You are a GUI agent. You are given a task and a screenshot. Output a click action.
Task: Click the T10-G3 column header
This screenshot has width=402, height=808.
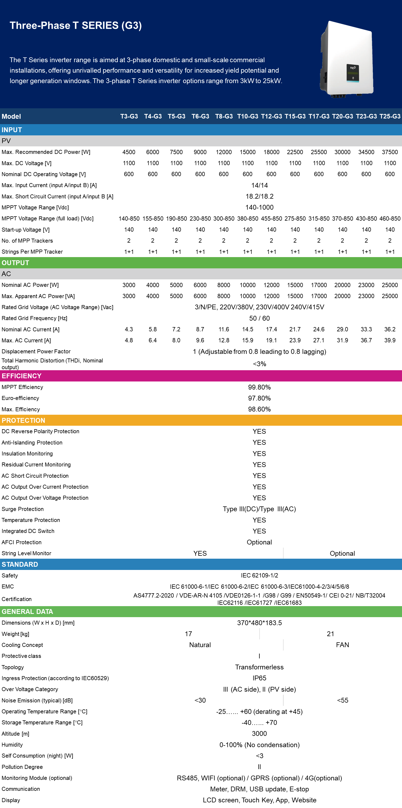[x=247, y=116]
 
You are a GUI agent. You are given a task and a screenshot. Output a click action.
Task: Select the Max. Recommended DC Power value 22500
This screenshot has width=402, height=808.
[x=295, y=152]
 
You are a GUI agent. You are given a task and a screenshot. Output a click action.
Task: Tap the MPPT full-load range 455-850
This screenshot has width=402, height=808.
[x=271, y=219]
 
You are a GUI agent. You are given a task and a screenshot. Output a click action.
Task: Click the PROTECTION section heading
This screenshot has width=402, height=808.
[x=24, y=420]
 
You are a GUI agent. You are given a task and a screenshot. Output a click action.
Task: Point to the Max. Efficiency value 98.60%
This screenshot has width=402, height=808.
[x=259, y=409]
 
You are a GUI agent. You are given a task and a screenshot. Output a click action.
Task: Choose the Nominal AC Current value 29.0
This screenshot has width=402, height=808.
[x=343, y=329]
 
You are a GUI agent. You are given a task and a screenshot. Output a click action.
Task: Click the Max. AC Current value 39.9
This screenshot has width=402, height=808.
[x=390, y=340]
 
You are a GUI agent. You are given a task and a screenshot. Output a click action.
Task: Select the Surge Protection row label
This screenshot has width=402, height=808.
[x=23, y=509]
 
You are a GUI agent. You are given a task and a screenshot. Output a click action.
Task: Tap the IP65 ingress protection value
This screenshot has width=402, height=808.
[x=259, y=678]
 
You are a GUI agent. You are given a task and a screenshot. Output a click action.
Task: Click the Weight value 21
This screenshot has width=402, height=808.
[x=330, y=634]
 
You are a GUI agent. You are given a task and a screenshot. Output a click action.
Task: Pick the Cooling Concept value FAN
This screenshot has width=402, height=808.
[x=343, y=645]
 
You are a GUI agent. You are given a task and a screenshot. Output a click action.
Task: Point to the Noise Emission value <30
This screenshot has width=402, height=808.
[x=200, y=700]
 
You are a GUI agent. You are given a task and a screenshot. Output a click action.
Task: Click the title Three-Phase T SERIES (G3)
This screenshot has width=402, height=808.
[x=76, y=25]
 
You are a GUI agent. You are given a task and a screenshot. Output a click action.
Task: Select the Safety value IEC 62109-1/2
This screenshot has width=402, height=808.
[x=259, y=576]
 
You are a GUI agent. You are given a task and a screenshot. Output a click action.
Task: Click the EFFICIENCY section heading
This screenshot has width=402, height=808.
[x=22, y=376]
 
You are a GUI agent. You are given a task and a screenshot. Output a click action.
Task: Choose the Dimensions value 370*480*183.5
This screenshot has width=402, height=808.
[x=259, y=623]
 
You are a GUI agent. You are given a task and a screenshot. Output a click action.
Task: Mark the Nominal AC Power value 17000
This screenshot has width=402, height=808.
[x=319, y=285]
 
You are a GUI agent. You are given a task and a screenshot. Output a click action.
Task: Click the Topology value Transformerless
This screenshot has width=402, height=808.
[x=259, y=667]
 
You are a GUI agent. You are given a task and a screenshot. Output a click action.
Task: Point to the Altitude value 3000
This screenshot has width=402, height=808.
[x=259, y=734]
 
